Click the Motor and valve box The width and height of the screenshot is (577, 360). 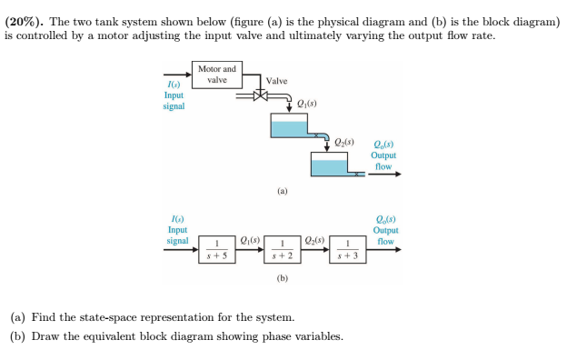[216, 74]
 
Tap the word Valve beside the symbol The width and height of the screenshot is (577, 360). [276, 82]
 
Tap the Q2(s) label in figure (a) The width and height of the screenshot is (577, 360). [344, 143]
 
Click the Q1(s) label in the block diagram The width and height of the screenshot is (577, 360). [251, 240]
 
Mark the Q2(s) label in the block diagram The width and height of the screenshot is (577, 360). [315, 240]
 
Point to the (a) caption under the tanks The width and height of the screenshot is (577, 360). [283, 193]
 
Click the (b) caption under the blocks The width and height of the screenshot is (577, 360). [283, 278]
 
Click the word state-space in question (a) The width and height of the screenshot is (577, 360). [95, 318]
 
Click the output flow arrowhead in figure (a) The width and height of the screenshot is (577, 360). [395, 175]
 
